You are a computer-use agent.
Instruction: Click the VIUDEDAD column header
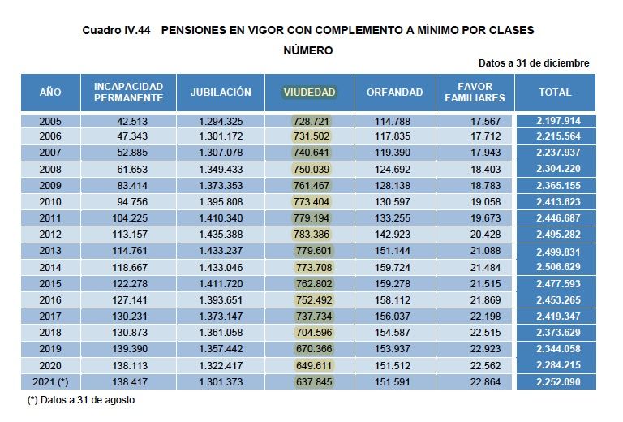[309, 93]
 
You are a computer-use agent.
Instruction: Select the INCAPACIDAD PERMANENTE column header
[128, 93]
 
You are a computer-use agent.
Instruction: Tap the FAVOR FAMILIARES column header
[475, 93]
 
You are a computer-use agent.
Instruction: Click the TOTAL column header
[555, 93]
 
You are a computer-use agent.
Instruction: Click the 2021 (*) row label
[50, 381]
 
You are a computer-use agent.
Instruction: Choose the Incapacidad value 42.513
[134, 121]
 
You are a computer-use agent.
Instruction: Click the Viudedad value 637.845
[312, 381]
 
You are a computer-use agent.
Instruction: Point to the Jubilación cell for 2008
[220, 170]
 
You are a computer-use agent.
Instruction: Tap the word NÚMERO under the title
[308, 50]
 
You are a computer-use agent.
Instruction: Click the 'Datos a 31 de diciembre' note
[534, 63]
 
